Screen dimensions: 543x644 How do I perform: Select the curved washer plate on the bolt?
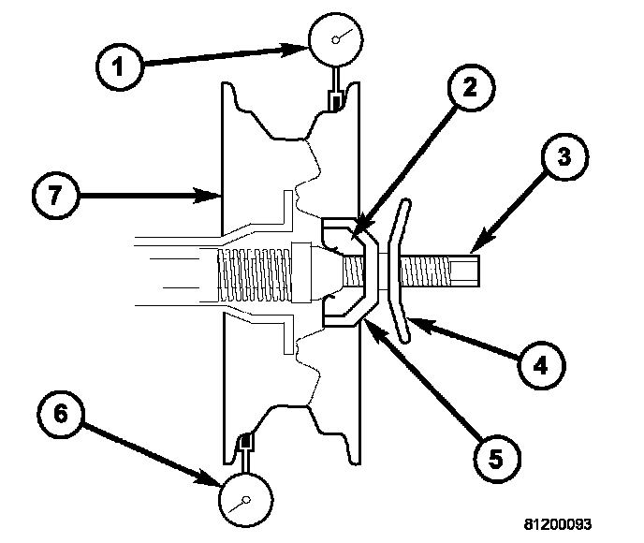point(401,271)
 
